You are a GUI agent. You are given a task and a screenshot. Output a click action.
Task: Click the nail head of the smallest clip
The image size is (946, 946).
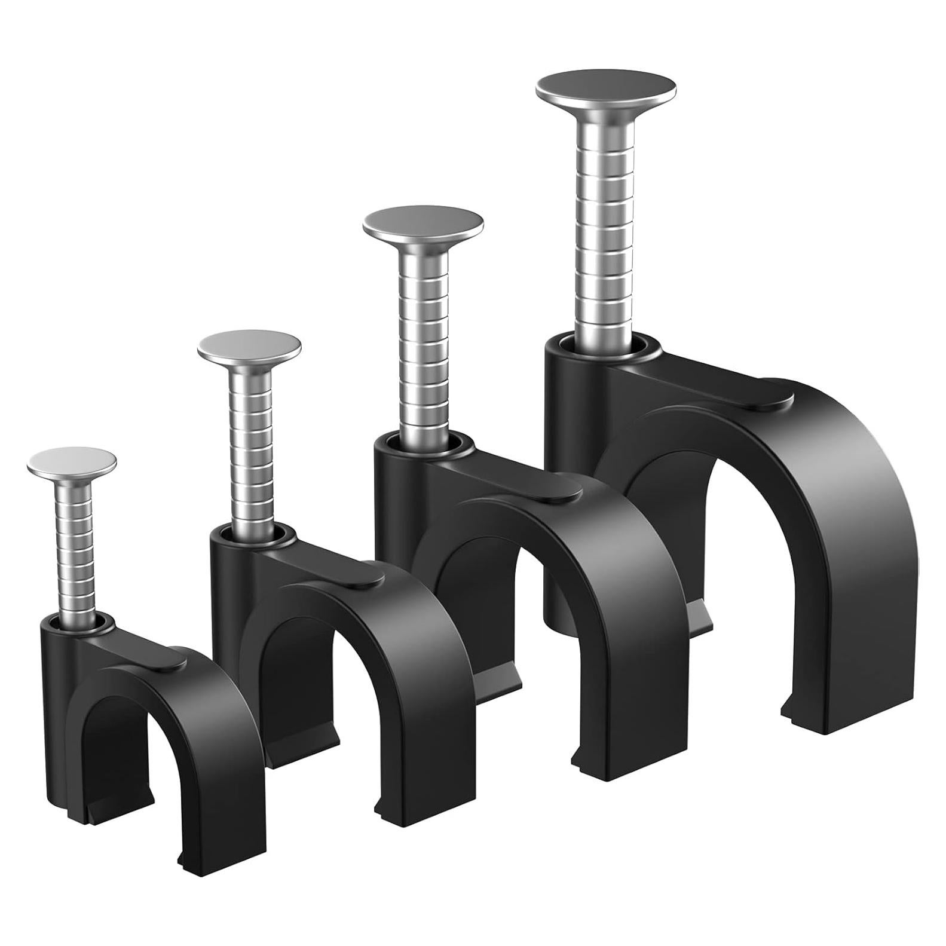coord(72,461)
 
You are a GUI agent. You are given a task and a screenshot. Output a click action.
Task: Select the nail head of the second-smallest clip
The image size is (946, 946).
coord(249,346)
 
